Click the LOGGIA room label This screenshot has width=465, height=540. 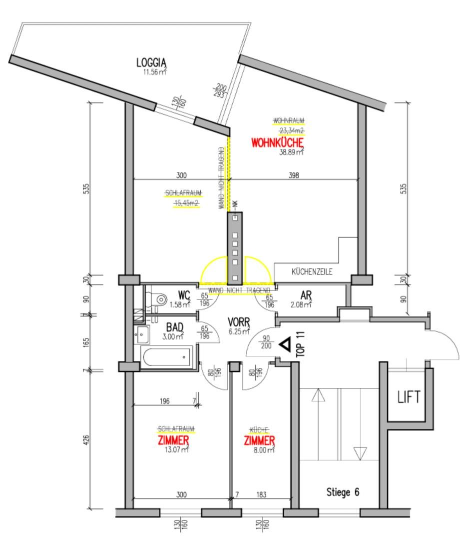coord(151,63)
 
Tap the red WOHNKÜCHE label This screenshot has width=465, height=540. coord(277,143)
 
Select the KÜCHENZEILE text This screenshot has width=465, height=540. coord(312,272)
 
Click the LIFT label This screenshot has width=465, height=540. coord(408,397)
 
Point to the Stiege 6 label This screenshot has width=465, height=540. coord(343,492)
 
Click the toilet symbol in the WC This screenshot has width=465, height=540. coord(160,299)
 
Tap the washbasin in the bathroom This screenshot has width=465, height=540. coord(142,333)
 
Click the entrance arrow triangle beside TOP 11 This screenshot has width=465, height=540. coord(285,344)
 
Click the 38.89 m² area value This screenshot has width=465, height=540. coord(291,152)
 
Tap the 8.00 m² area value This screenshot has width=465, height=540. coord(263,450)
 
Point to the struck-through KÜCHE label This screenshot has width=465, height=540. coord(259,429)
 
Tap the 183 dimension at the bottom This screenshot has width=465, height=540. coord(261,494)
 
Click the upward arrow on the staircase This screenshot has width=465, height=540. coord(318,396)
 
